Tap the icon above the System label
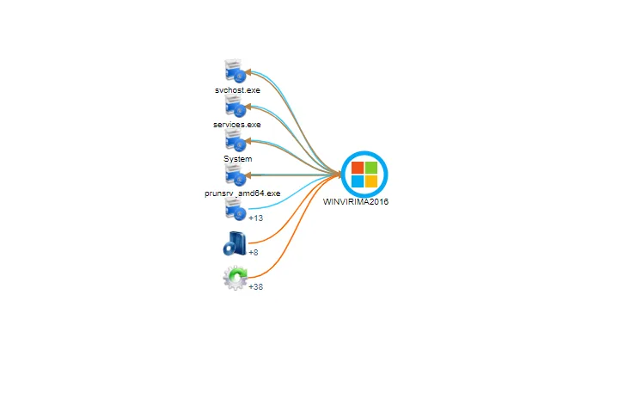235,141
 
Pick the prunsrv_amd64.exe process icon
235,175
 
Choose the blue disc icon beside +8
234,245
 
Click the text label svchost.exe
237,90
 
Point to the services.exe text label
237,125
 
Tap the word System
237,159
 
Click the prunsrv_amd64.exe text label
242,193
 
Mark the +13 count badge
255,218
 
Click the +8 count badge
254,253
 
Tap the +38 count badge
255,287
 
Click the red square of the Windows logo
358,168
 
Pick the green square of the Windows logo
371,168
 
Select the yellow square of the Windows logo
371,181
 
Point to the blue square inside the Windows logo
358,181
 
